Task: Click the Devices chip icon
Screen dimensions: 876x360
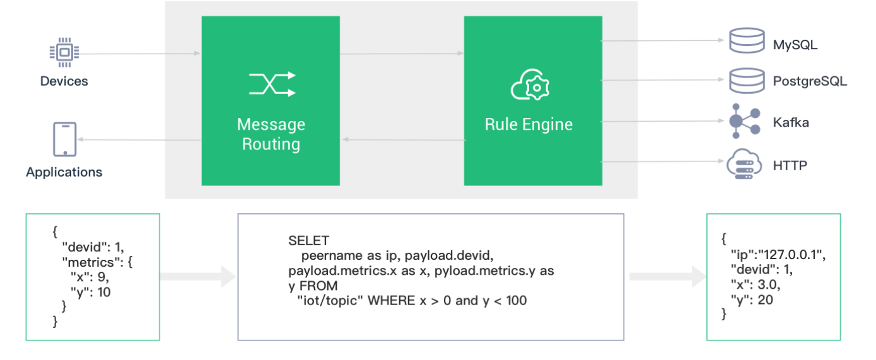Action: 64,52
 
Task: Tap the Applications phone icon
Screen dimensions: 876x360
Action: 65,139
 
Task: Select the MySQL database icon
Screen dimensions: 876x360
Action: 747,40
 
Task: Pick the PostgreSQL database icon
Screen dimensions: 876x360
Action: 747,81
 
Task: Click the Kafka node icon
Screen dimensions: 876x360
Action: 745,121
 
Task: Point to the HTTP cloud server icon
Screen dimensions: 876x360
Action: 744,164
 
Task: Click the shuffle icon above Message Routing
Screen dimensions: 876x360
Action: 272,84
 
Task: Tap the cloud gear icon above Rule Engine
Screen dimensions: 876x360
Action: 530,85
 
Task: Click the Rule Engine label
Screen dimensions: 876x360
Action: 529,124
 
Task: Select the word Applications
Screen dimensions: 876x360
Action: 64,172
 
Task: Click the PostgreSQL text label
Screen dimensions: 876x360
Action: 810,81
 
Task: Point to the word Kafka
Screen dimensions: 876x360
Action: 791,122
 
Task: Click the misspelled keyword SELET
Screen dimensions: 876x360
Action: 308,240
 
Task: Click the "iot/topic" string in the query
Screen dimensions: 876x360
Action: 330,301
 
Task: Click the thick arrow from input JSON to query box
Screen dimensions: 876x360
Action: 198,276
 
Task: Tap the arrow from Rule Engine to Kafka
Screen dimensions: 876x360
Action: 662,121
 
